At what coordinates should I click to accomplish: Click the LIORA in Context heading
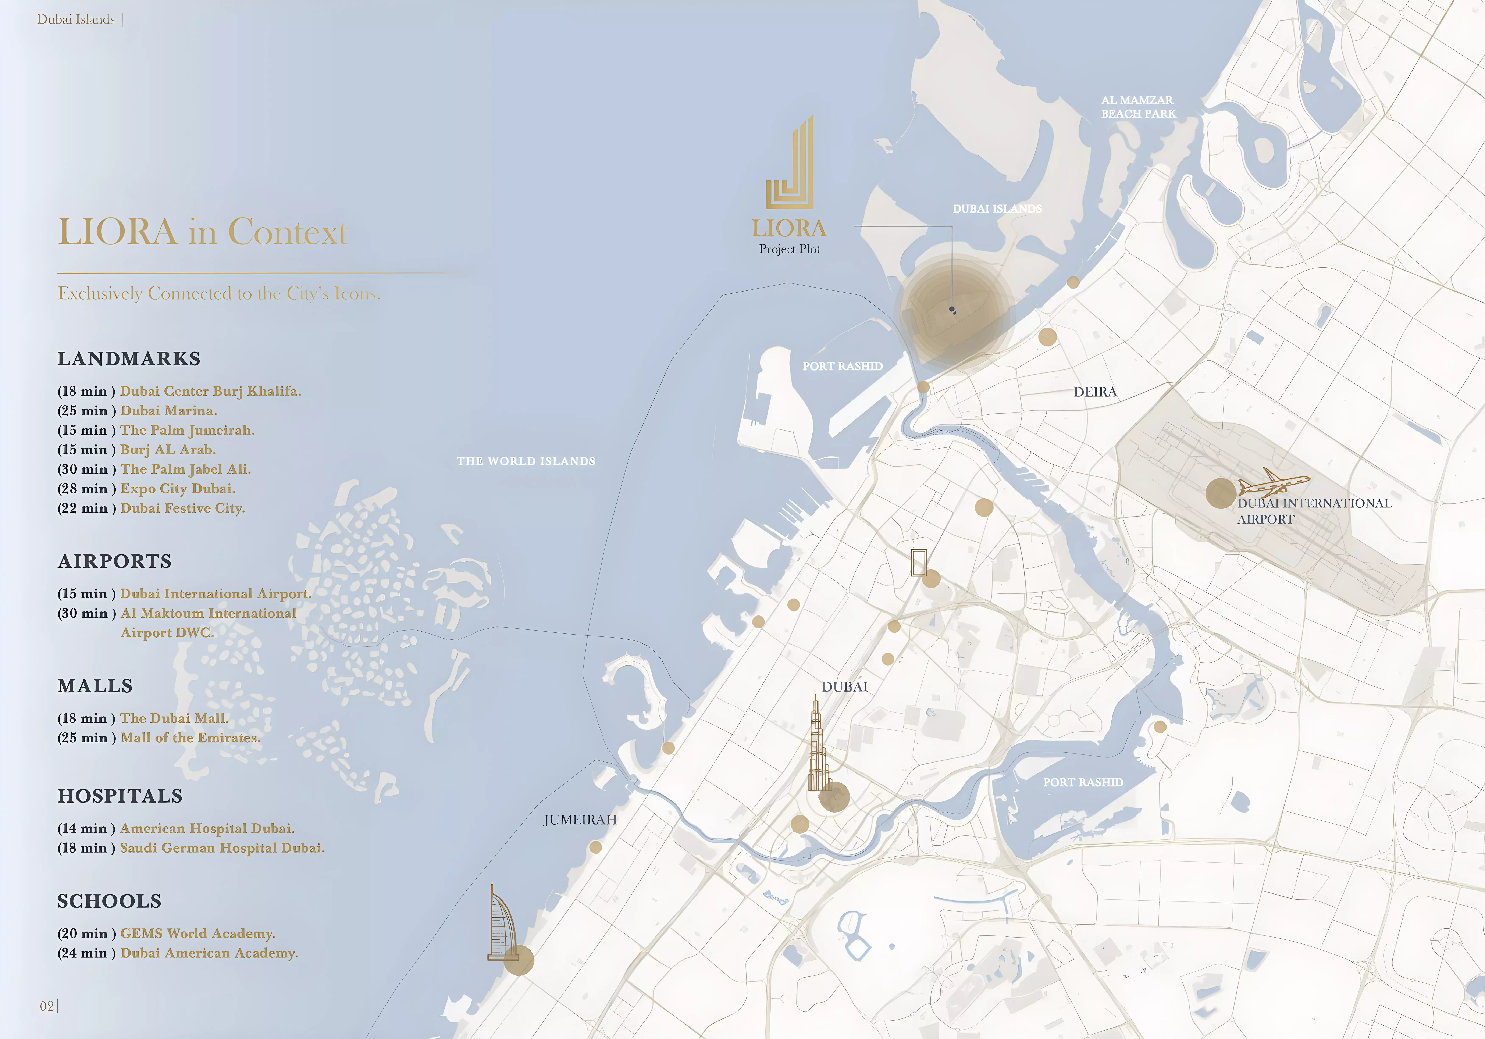click(x=202, y=231)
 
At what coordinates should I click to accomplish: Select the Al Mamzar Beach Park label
click(x=1138, y=107)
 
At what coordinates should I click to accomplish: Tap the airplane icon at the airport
click(x=1273, y=482)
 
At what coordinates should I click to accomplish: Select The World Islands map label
click(x=526, y=461)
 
